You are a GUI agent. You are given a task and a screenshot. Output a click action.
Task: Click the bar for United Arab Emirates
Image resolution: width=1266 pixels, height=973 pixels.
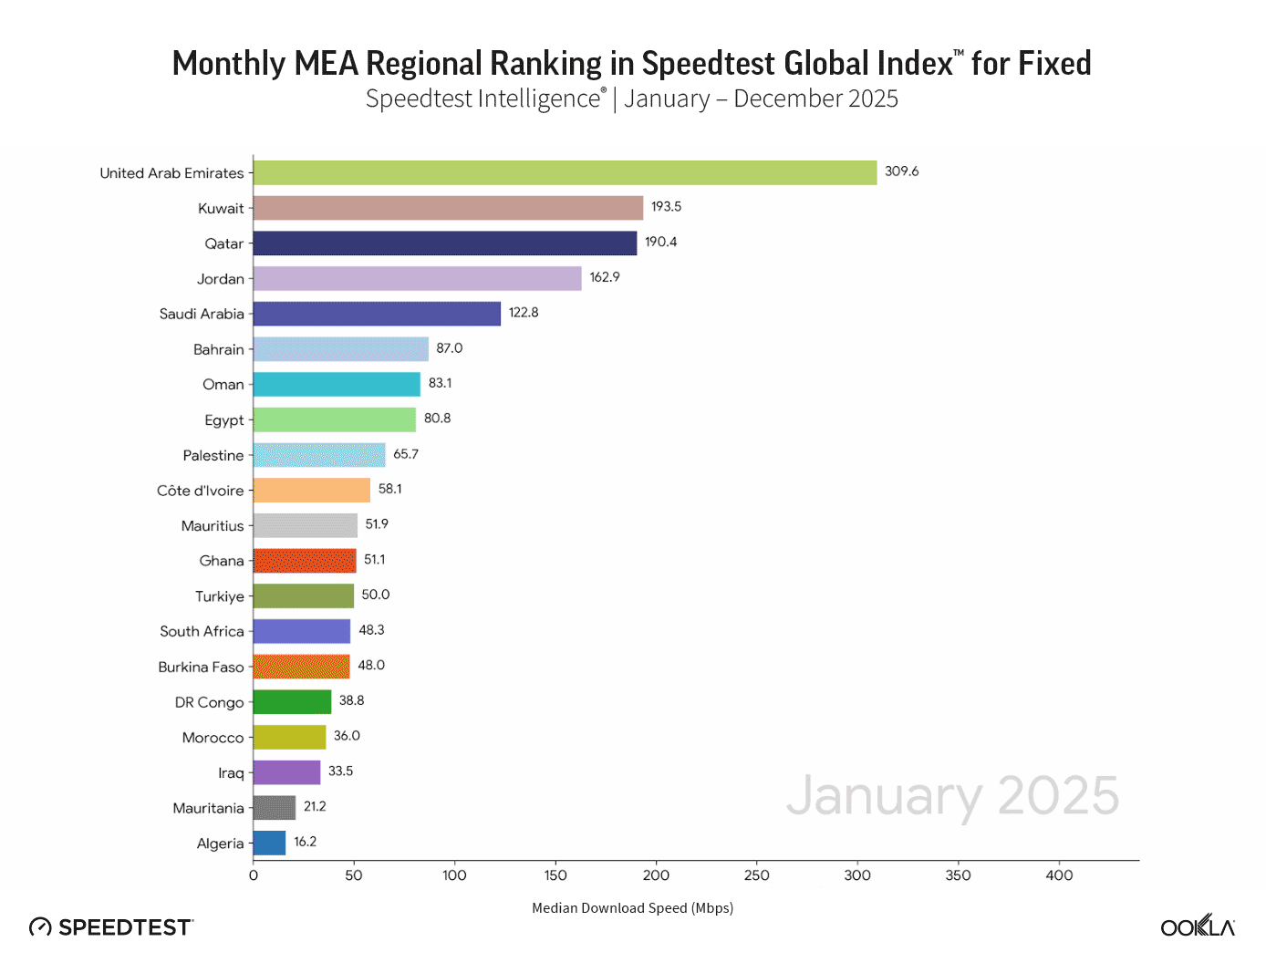pyautogui.click(x=565, y=172)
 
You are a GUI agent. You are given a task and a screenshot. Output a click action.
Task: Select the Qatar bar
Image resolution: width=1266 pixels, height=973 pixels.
pyautogui.click(x=445, y=243)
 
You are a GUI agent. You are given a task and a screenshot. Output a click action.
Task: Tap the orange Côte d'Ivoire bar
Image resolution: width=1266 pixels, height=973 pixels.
pyautogui.click(x=312, y=491)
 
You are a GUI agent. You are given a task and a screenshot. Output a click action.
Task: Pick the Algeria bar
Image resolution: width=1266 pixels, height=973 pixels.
pyautogui.click(x=269, y=844)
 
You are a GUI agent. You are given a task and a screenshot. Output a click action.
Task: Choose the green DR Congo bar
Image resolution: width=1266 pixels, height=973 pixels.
pyautogui.click(x=292, y=702)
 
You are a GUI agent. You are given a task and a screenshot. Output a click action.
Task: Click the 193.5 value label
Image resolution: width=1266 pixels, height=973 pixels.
pyautogui.click(x=666, y=207)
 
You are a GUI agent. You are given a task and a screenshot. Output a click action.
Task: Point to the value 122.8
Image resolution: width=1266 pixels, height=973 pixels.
pyautogui.click(x=524, y=313)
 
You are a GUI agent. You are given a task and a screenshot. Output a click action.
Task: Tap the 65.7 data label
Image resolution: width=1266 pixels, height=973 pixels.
pyautogui.click(x=406, y=454)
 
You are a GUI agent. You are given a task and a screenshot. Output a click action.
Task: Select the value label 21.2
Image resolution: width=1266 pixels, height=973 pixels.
pyautogui.click(x=315, y=807)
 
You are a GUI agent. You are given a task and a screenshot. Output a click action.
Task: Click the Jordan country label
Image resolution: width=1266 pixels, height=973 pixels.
pyautogui.click(x=221, y=279)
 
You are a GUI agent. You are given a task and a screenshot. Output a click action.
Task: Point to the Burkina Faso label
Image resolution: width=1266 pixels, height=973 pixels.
pyautogui.click(x=201, y=668)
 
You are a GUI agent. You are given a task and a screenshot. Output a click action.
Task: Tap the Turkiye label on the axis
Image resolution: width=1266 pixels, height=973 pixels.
pyautogui.click(x=220, y=596)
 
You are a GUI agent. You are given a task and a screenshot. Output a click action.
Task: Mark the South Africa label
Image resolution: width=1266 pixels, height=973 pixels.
pyautogui.click(x=202, y=632)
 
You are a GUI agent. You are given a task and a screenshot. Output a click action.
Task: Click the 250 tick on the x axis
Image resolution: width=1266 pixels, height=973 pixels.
pyautogui.click(x=757, y=875)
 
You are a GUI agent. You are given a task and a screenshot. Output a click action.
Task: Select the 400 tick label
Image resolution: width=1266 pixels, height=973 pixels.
pyautogui.click(x=1059, y=875)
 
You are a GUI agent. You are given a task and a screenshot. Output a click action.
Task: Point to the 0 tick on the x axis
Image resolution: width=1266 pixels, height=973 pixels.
pyautogui.click(x=254, y=875)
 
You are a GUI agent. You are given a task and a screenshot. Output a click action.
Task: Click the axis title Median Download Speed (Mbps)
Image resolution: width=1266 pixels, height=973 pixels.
pyautogui.click(x=632, y=908)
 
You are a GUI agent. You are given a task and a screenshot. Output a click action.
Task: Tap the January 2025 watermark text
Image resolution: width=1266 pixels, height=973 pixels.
pyautogui.click(x=952, y=796)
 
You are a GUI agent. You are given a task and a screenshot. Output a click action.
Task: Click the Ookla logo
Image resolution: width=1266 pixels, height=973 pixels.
pyautogui.click(x=1198, y=926)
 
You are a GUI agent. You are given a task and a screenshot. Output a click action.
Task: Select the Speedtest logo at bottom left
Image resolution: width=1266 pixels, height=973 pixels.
pyautogui.click(x=111, y=927)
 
